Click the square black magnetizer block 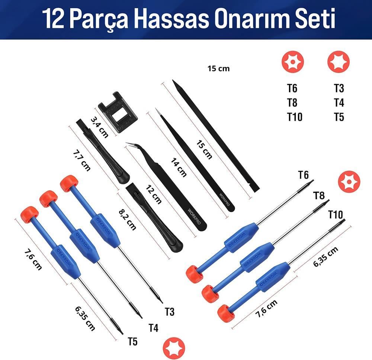pyautogui.click(x=118, y=112)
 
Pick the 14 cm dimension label pyautogui.click(x=179, y=166)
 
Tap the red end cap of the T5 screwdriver pyautogui.click(x=29, y=214)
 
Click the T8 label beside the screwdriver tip pyautogui.click(x=319, y=196)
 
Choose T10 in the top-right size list pyautogui.click(x=295, y=117)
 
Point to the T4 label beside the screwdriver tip pyautogui.click(x=153, y=328)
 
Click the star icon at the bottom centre pyautogui.click(x=174, y=348)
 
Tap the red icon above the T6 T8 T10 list pyautogui.click(x=293, y=62)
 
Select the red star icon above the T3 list pyautogui.click(x=339, y=62)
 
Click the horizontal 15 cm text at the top pyautogui.click(x=219, y=68)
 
